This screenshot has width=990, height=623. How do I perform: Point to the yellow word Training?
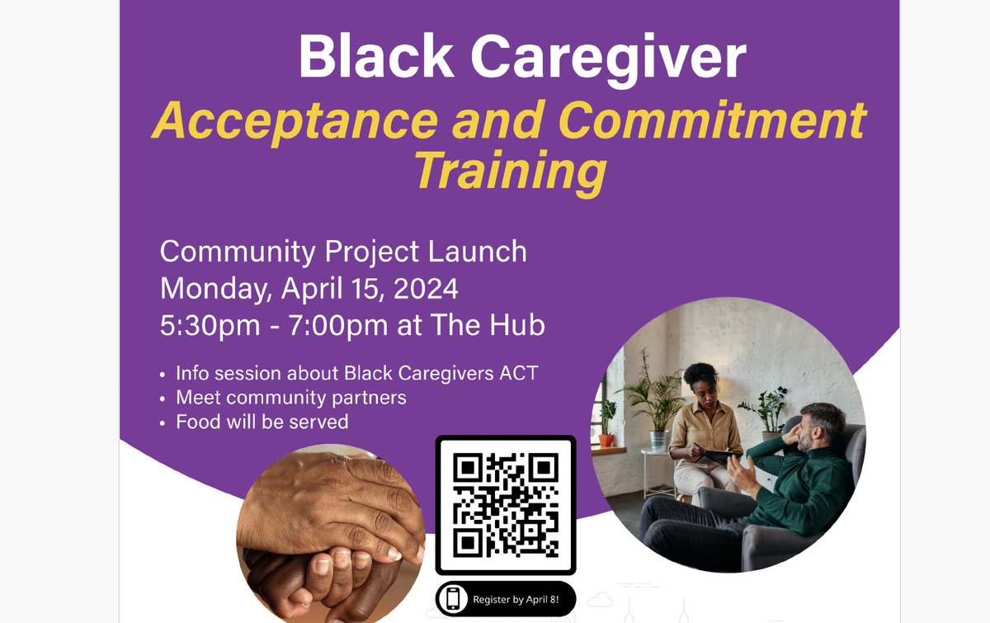click(x=510, y=171)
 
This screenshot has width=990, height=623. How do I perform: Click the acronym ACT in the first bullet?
click(x=519, y=373)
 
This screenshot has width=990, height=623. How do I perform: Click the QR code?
click(x=506, y=504)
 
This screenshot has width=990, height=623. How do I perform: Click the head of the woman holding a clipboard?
click(x=702, y=382)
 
